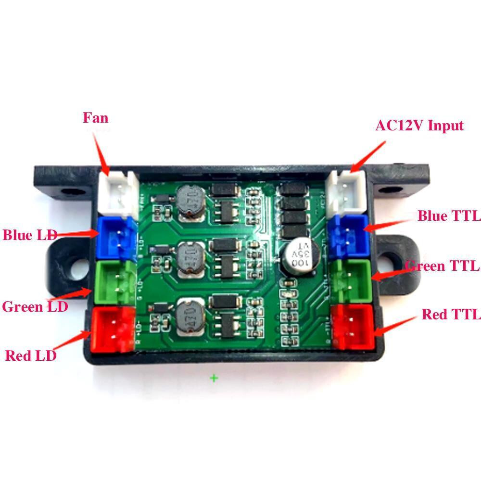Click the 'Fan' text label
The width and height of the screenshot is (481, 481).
tap(95, 118)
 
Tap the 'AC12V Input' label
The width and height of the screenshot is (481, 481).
tap(419, 126)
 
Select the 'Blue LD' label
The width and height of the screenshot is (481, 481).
tap(30, 235)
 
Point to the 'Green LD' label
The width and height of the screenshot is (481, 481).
tap(35, 306)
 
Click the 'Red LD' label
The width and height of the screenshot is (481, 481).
tap(31, 355)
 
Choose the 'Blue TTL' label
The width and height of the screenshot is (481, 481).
tap(445, 216)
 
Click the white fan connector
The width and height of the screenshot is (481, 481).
tap(117, 193)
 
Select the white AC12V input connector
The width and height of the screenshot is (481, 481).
tap(348, 192)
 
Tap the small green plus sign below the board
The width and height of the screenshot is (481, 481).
tap(214, 378)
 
